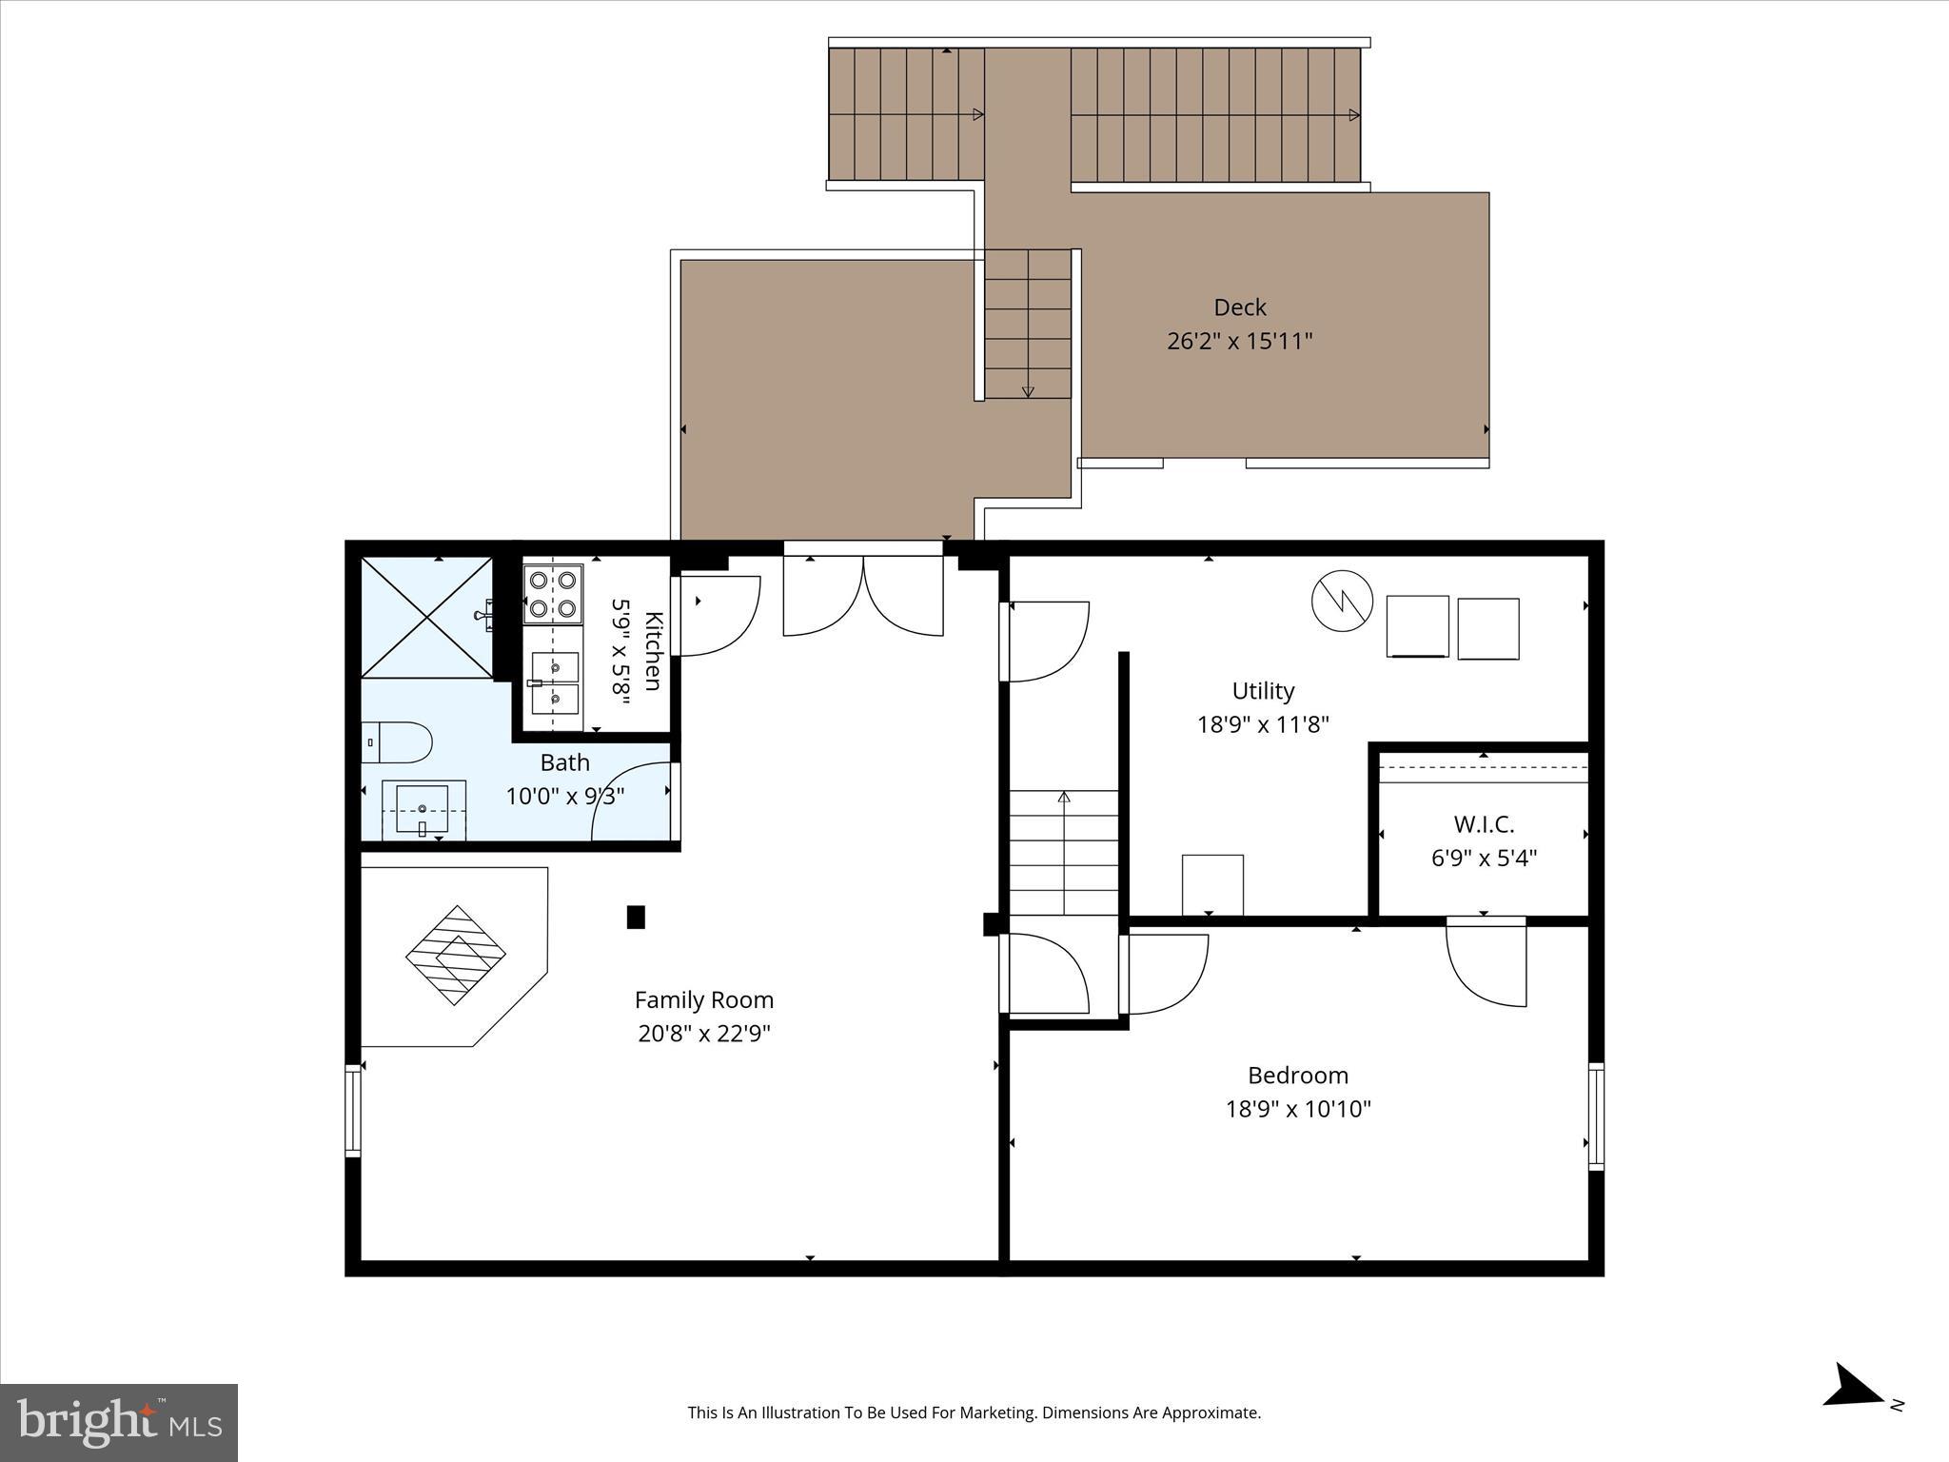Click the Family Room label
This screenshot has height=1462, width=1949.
pos(703,1000)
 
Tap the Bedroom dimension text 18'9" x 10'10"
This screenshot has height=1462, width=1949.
pos(1298,1109)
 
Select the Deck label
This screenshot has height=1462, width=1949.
pos(1239,307)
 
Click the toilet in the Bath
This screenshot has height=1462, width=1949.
pos(399,742)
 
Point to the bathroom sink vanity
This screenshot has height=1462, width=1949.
pos(423,811)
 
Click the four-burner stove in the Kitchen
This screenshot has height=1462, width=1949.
pos(553,594)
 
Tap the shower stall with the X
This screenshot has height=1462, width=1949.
pos(426,618)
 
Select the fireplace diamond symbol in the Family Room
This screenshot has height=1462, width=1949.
pos(456,955)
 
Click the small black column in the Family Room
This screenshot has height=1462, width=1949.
pos(636,917)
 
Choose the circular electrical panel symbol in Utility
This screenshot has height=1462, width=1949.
pos(1342,600)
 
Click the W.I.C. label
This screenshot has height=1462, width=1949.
pos(1484,824)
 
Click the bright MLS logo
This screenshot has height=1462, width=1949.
pos(119,1423)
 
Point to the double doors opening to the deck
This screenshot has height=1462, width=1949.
pos(863,595)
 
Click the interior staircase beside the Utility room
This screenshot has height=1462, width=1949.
pos(1064,852)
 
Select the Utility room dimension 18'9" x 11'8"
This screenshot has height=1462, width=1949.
pos(1262,724)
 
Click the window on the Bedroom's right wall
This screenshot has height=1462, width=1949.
pos(1596,1116)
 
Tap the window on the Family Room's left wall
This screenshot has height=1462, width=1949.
pos(353,1110)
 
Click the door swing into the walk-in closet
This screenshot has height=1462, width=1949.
pos(1485,961)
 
